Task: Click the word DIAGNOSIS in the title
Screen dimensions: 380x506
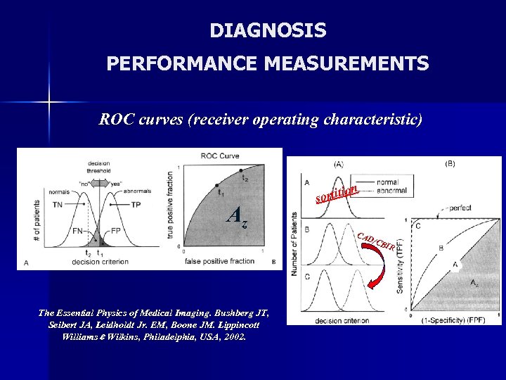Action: [268, 31]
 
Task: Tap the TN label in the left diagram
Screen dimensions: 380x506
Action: [58, 205]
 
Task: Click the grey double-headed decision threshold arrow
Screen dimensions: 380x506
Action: [99, 182]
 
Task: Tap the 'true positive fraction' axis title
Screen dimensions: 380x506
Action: [169, 208]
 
